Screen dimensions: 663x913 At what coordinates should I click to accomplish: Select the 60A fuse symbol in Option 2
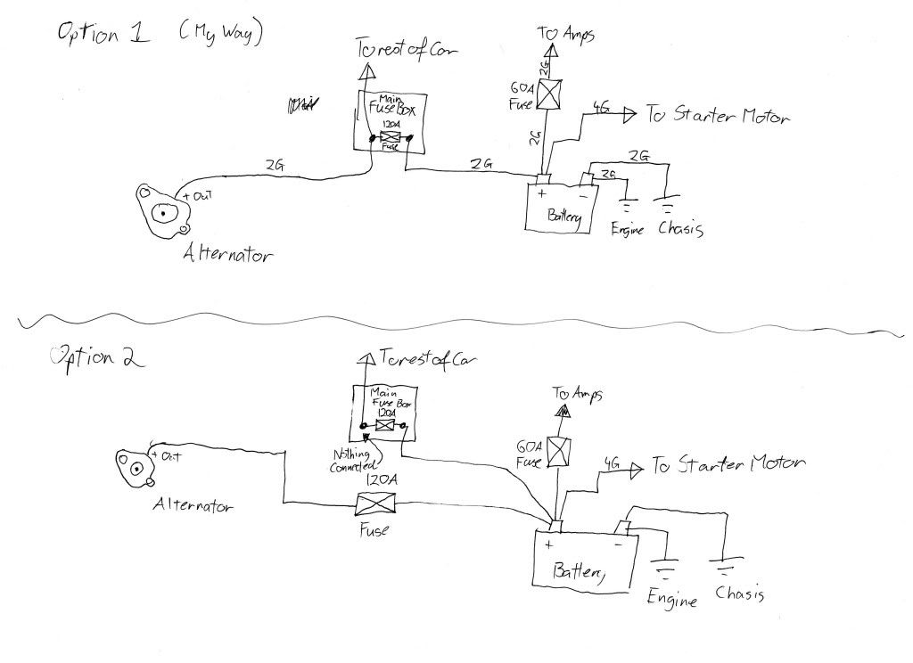tap(559, 452)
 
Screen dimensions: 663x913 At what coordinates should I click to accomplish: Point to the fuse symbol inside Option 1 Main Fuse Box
tap(390, 138)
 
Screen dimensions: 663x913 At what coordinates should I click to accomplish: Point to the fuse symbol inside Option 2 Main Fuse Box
tap(384, 428)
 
